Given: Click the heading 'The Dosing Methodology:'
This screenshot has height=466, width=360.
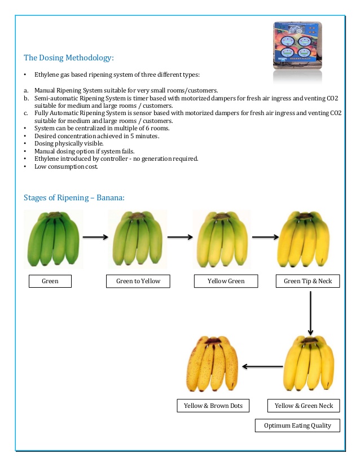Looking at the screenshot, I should point(68,58).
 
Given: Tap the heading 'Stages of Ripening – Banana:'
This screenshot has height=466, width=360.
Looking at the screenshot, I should point(74,197).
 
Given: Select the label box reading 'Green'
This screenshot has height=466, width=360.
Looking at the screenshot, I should point(50,281).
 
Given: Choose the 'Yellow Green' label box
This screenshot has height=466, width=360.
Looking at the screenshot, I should point(226,281).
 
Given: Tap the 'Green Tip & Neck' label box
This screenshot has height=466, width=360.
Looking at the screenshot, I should point(308,281).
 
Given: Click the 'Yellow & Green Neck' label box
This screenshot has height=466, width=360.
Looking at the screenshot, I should point(304,406).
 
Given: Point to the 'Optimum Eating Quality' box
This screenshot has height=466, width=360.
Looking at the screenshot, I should point(298,425).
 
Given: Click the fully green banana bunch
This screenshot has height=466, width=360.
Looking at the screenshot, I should point(54,239).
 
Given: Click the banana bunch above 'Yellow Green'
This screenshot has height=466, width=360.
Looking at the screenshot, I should point(222,239).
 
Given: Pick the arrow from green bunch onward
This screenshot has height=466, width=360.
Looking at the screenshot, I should point(95,238).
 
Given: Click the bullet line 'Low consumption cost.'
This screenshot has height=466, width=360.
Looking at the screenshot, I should point(66,166).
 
